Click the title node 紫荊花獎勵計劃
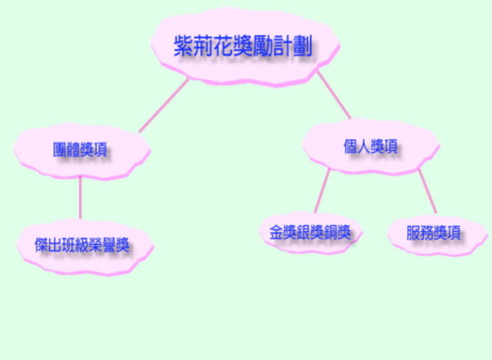pos(245,46)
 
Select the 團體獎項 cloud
pos(82,152)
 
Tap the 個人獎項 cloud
pos(371,146)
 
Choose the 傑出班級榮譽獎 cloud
pos(84,247)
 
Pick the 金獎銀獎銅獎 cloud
pos(310,233)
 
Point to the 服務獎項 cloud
pos(438,234)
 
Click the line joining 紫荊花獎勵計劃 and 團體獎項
pos(164,105)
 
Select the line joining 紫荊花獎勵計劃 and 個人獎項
pos(334,95)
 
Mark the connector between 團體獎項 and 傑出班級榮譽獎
pos(80,197)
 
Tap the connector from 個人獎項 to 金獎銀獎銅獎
pos(322,190)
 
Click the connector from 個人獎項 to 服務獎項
pos(428,191)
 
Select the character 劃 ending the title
pos(302,46)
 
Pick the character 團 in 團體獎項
pos(59,150)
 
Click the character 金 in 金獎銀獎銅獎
pos(276,233)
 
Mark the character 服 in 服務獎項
pos(414,233)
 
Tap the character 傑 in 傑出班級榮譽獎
pos(42,245)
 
